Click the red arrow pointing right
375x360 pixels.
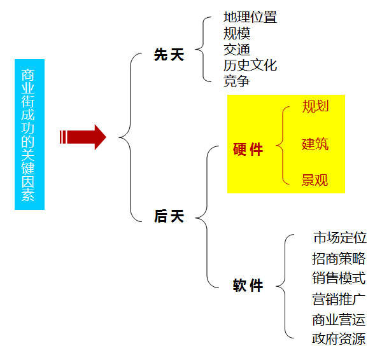click(x=83, y=137)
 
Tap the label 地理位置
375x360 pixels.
click(x=250, y=17)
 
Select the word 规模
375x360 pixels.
click(x=237, y=33)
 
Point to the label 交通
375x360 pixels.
click(x=237, y=50)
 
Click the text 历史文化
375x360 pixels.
click(x=250, y=65)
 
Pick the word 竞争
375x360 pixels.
click(x=237, y=81)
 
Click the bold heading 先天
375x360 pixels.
click(x=169, y=55)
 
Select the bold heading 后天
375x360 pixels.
click(x=169, y=216)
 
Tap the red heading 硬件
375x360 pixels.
click(x=248, y=149)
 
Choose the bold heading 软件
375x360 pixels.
click(x=248, y=285)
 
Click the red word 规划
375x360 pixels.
click(x=315, y=106)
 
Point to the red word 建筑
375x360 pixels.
click(x=315, y=144)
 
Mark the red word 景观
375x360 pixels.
click(x=315, y=180)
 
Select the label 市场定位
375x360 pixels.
click(x=340, y=237)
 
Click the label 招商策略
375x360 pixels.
click(x=339, y=258)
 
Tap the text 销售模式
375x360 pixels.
click(x=339, y=278)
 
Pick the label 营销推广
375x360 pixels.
click(x=339, y=299)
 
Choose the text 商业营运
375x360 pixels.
click(x=339, y=320)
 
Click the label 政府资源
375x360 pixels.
click(x=339, y=338)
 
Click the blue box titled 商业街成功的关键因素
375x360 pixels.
click(x=30, y=134)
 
